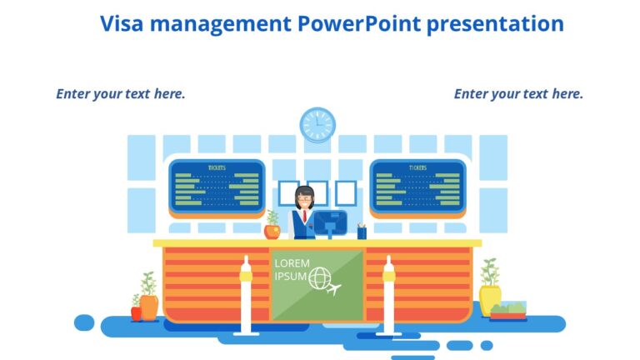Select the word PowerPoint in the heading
(x=357, y=23)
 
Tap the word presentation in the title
(x=494, y=23)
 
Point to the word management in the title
(x=219, y=23)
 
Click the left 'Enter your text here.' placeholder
(x=121, y=93)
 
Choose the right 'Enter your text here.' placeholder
(x=518, y=93)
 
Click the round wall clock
(x=317, y=125)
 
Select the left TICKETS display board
(x=217, y=185)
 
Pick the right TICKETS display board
(x=417, y=185)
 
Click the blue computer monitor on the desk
(x=330, y=222)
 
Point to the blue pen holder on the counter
(x=362, y=232)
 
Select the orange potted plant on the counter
(x=272, y=227)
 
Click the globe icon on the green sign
(x=319, y=279)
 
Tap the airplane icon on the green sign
(x=335, y=289)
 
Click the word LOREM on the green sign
(x=292, y=263)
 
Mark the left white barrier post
(x=246, y=296)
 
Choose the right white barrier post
(x=388, y=296)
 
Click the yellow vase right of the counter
(x=490, y=298)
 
